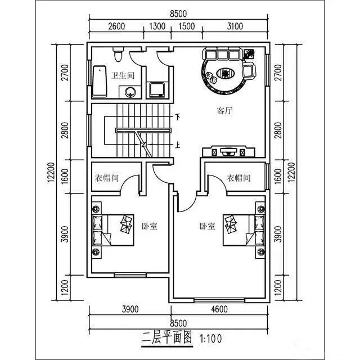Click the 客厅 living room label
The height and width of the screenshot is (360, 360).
(225, 111)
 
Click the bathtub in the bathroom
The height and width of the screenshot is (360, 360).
(99, 81)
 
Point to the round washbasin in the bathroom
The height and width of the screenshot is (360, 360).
(132, 92)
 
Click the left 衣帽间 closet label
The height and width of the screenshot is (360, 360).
(106, 178)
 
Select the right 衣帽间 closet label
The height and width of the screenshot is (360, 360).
(238, 178)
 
